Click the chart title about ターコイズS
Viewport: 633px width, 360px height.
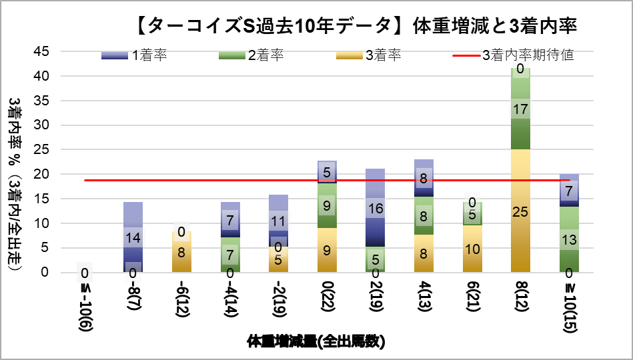pos(354,26)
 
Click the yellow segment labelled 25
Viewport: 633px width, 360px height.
pos(520,211)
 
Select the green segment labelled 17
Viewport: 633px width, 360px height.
pos(520,109)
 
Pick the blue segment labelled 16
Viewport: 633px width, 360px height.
pos(375,208)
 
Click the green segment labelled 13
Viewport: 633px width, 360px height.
pos(569,239)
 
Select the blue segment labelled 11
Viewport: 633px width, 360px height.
pos(278,221)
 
